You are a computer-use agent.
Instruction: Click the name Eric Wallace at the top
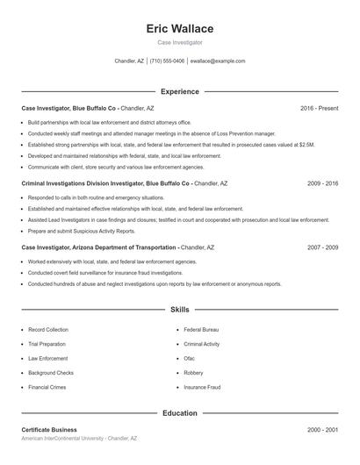[x=179, y=29]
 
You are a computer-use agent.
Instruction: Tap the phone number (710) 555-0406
[x=167, y=61]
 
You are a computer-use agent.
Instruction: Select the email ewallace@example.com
[x=218, y=61]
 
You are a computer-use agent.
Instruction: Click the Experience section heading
[x=179, y=91]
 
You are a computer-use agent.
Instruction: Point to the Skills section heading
[x=179, y=310]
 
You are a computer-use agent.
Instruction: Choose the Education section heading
[x=179, y=412]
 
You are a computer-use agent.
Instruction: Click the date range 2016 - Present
[x=319, y=108]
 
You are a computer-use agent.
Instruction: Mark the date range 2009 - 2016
[x=322, y=184]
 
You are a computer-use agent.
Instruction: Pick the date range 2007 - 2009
[x=322, y=247]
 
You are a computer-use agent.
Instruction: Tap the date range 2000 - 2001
[x=322, y=430]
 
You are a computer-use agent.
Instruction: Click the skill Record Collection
[x=47, y=330]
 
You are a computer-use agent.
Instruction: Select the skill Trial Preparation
[x=47, y=344]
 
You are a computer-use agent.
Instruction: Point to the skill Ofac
[x=189, y=358]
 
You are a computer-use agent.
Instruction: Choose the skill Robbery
[x=193, y=372]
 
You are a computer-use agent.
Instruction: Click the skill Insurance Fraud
[x=202, y=386]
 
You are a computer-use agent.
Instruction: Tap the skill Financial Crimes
[x=47, y=386]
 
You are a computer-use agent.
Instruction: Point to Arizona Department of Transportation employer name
[x=126, y=247]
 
